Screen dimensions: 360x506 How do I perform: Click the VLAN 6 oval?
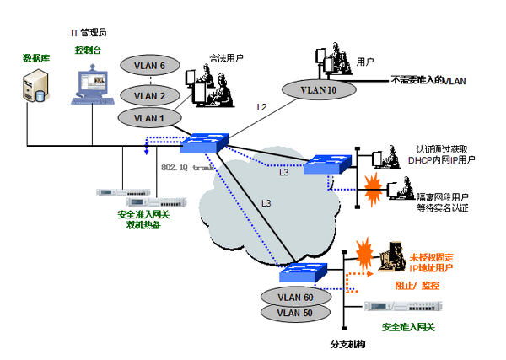tap(151, 66)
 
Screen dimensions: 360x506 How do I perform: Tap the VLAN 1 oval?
tap(151, 117)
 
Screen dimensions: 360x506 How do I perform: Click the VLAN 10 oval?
tap(313, 88)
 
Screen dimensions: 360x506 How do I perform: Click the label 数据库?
tap(35, 58)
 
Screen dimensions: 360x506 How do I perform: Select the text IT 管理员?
tap(88, 32)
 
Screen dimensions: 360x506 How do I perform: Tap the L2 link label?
tap(261, 107)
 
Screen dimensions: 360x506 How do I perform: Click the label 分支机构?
tap(347, 346)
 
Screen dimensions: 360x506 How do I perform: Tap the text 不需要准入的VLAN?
tap(428, 81)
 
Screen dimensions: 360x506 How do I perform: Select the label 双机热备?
tap(143, 225)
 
